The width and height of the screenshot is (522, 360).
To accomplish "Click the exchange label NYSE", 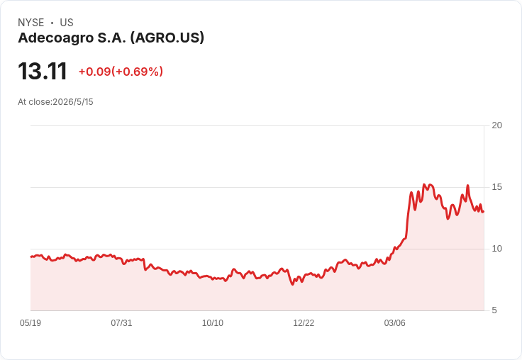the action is tap(31, 23).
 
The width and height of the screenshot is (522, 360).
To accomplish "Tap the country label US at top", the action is tap(67, 23).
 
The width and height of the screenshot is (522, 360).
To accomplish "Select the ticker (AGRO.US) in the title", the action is tap(167, 38).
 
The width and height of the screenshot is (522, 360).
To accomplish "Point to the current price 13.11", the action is tap(43, 72).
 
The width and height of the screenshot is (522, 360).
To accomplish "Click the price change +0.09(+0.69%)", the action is tap(121, 72).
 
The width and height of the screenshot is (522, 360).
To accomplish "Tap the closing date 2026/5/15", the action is tap(73, 102).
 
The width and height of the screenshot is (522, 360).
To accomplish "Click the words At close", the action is tap(34, 102).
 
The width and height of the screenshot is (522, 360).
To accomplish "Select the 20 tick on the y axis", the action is tap(496, 125).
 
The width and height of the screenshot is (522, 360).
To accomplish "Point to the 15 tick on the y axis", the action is tap(496, 187).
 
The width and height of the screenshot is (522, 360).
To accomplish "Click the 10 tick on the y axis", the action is tap(496, 249).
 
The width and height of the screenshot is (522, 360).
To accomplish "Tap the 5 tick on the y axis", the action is tap(494, 310).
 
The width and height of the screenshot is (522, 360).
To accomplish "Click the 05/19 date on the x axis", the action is tap(30, 322).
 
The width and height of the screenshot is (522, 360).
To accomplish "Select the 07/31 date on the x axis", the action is tap(121, 322).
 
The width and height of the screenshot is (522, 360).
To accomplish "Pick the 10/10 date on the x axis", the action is tap(213, 322).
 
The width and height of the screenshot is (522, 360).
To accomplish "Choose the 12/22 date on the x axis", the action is tap(304, 322).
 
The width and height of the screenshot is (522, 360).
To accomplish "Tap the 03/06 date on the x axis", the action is tap(395, 322).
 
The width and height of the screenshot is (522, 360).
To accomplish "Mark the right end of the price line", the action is tap(484, 212).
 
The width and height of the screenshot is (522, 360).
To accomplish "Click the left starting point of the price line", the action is tap(31, 257).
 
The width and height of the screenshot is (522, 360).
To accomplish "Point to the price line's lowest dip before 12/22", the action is tap(293, 284).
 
